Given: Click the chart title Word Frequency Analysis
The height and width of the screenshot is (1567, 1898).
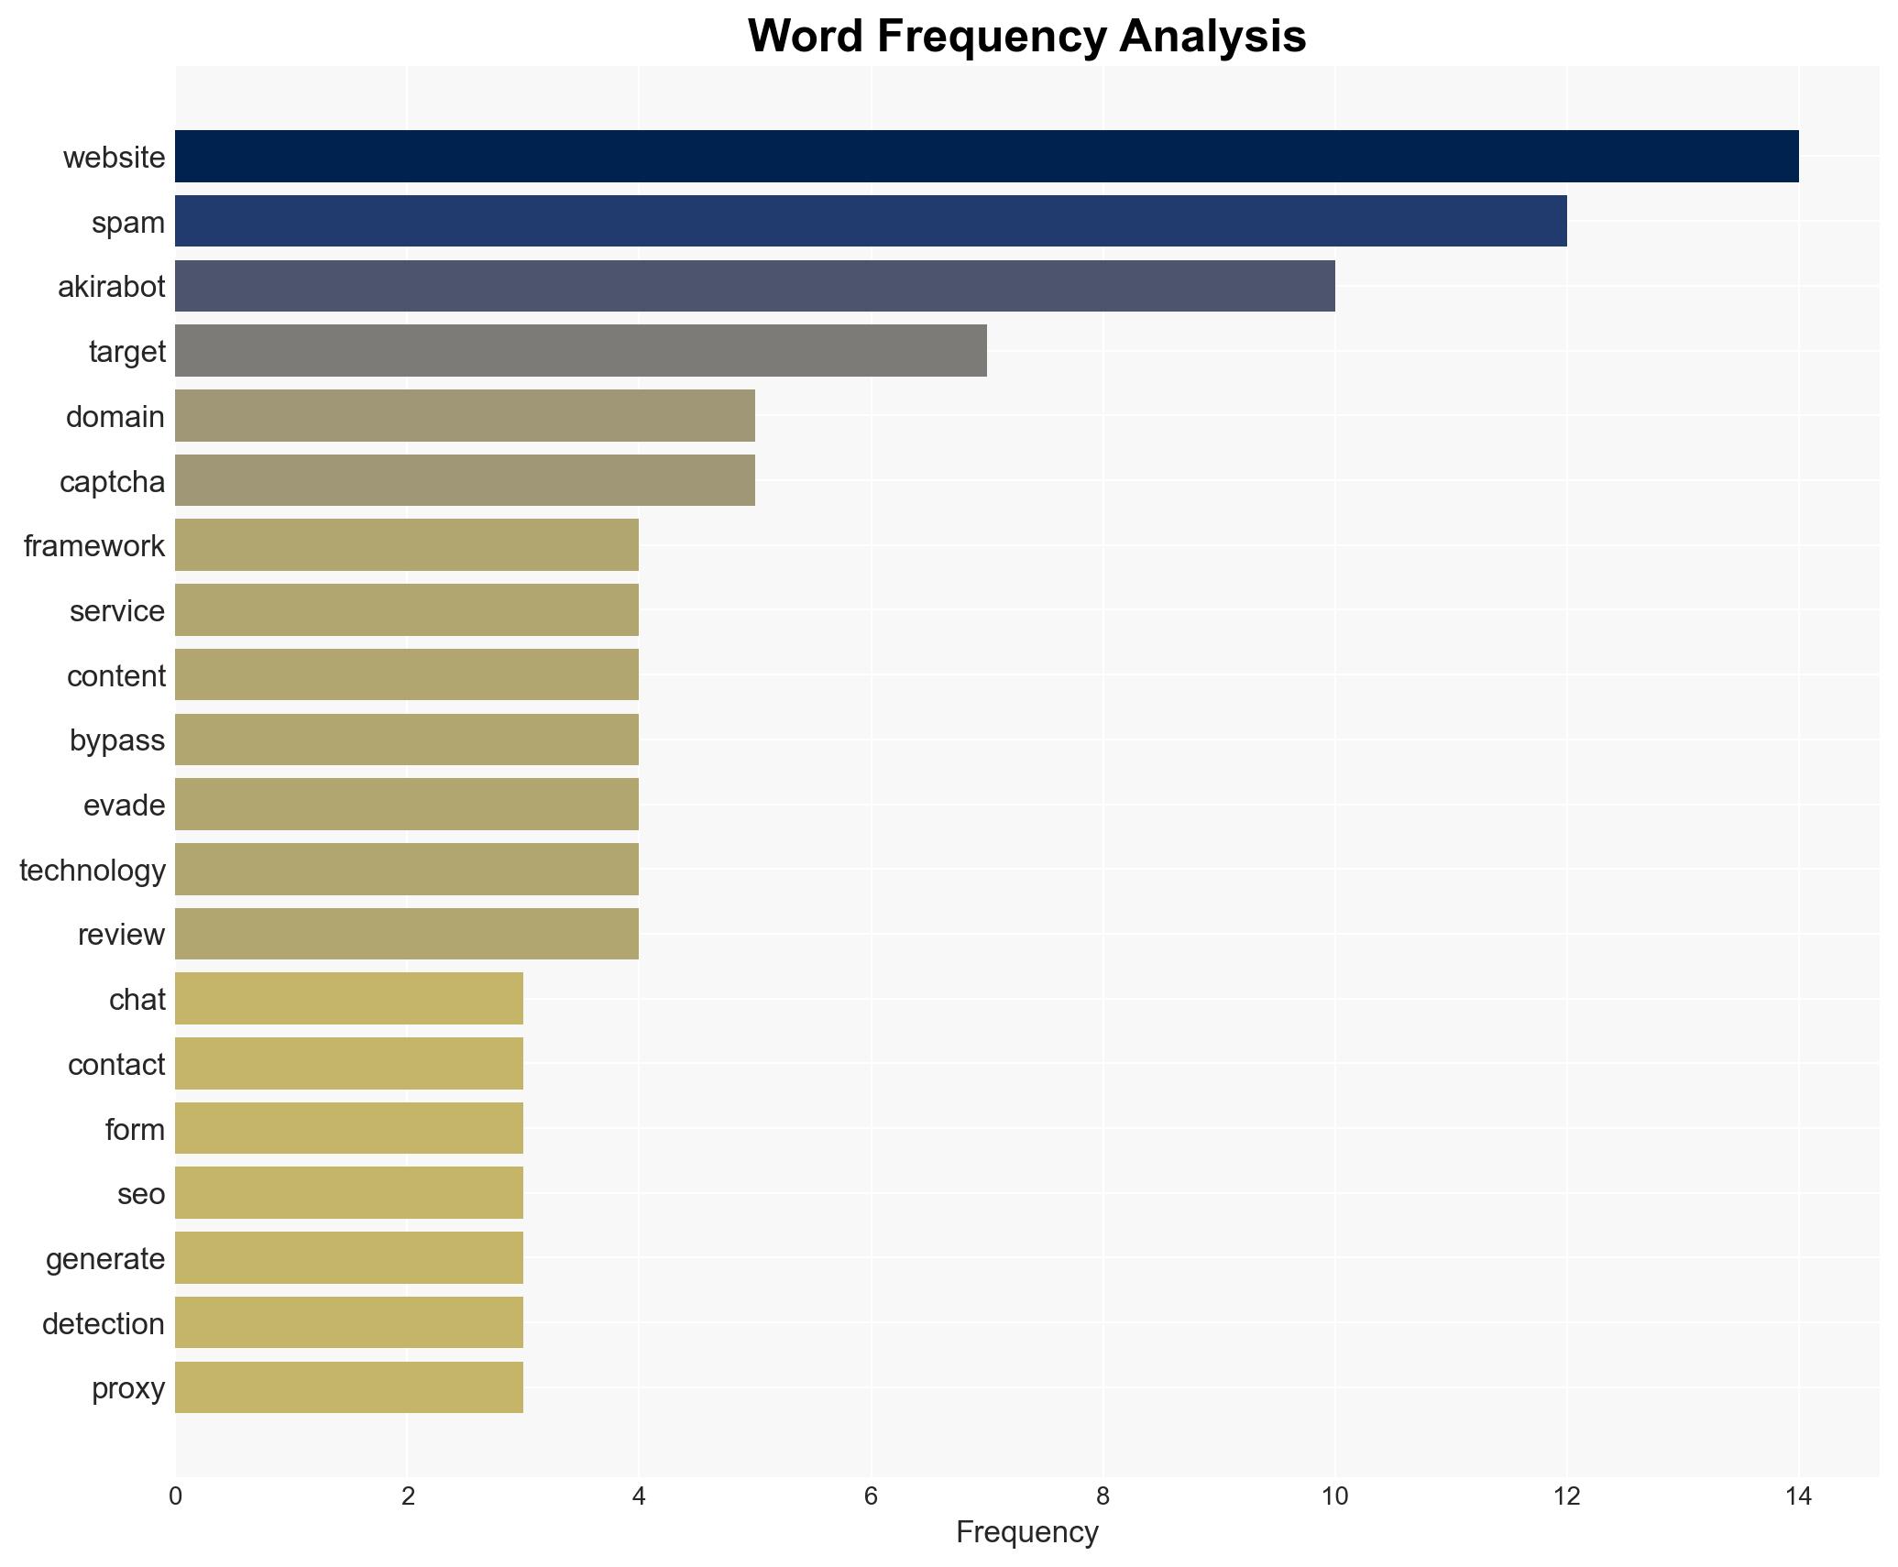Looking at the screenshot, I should (x=1026, y=37).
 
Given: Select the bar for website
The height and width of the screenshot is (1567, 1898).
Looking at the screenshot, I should (x=986, y=157).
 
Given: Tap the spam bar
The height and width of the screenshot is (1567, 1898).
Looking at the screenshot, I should (x=871, y=222).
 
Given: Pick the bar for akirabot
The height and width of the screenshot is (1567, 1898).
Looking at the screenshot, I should (x=754, y=286).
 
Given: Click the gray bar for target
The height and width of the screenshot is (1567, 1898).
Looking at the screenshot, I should (x=581, y=351).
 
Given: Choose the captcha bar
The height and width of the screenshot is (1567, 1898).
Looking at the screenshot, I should (x=465, y=480).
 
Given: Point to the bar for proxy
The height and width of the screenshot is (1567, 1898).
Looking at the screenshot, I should (x=349, y=1387).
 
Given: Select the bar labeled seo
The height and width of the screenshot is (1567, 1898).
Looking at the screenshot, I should (x=349, y=1193).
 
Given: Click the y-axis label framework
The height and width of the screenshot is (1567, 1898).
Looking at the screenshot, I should (x=94, y=546).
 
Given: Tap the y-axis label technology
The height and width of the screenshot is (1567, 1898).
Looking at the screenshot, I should (x=93, y=870).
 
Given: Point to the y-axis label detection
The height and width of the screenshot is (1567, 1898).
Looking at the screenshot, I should (x=104, y=1323).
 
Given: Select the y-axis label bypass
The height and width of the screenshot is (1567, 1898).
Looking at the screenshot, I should (x=117, y=740).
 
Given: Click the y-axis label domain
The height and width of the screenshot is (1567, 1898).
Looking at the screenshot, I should (x=115, y=417).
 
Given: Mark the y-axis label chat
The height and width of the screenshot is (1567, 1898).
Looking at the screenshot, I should (x=137, y=999).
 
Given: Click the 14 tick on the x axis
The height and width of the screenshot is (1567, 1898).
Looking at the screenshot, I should (x=1798, y=1496).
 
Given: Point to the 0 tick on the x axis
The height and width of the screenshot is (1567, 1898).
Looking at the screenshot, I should (x=175, y=1496).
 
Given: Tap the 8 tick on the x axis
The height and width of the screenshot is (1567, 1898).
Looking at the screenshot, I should (x=1103, y=1496).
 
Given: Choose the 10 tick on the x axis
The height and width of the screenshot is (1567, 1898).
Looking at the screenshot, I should (x=1334, y=1496).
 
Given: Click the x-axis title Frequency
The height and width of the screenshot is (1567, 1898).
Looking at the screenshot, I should (x=1026, y=1532).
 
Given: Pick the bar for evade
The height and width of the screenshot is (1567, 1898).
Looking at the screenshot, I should (x=407, y=805).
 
